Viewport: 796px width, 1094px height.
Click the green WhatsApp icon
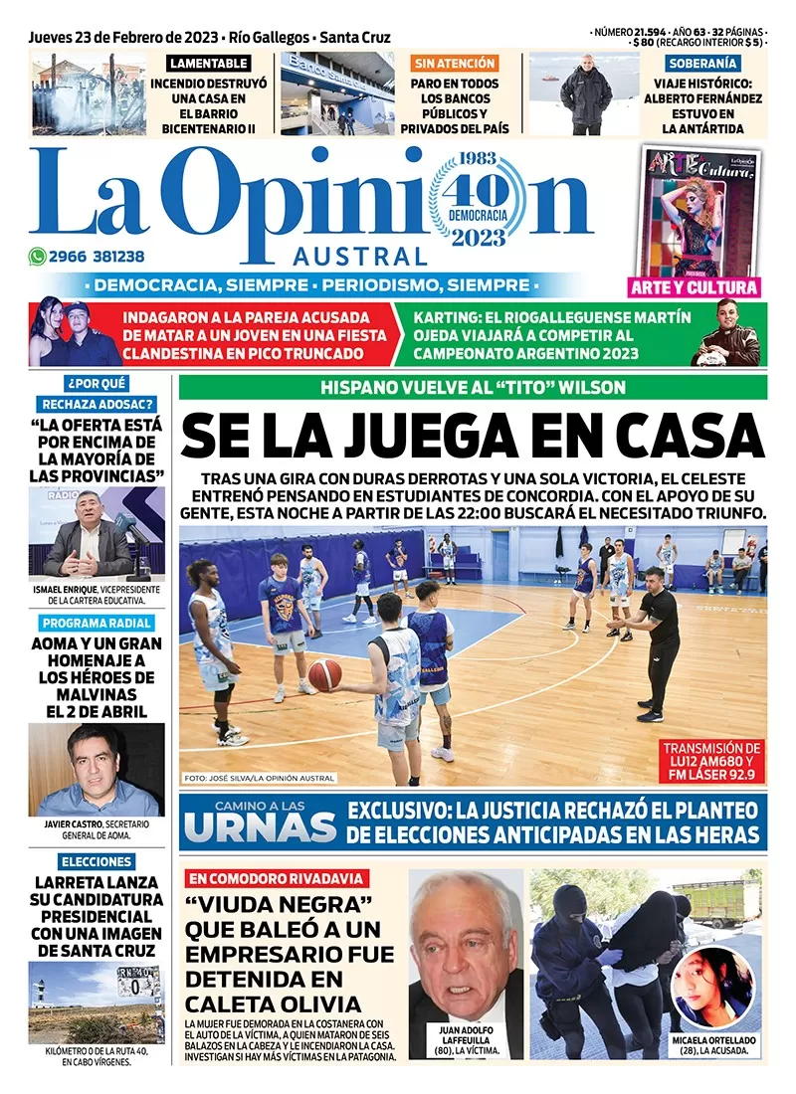38,256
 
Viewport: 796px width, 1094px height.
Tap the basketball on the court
324,675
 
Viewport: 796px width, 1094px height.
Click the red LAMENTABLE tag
209,64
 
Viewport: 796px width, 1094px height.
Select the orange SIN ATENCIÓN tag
454,64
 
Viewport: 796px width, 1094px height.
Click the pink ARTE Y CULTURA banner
695,287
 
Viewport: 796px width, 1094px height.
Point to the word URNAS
261,825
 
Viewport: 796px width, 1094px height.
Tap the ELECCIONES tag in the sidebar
96,861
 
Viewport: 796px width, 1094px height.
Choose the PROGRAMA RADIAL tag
97,624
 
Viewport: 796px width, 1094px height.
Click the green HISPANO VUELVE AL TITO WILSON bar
473,388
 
